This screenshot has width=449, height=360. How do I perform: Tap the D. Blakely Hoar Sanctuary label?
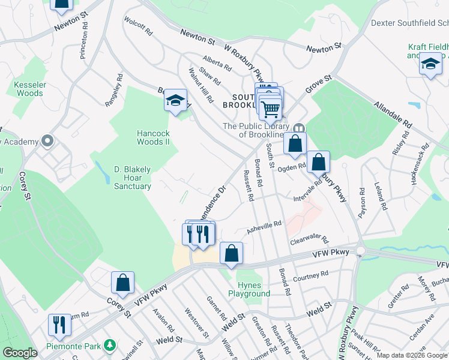pyautogui.click(x=133, y=178)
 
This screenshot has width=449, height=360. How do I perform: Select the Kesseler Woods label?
pyautogui.click(x=29, y=89)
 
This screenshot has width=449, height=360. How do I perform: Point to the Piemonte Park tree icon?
pyautogui.click(x=109, y=345)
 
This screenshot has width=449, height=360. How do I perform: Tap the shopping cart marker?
pyautogui.click(x=271, y=109)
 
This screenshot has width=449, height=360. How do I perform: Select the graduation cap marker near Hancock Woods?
pyautogui.click(x=175, y=101)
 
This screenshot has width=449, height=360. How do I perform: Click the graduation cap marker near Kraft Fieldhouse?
pyautogui.click(x=430, y=64)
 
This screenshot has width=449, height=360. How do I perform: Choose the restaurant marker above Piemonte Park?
pyautogui.click(x=59, y=325)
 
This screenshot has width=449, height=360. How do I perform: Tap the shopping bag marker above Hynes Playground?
pyautogui.click(x=231, y=254)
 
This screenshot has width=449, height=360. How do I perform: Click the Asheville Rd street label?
pyautogui.click(x=265, y=227)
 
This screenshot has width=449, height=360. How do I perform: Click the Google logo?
pyautogui.click(x=20, y=352)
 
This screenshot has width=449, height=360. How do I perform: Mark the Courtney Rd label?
pyautogui.click(x=312, y=277)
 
